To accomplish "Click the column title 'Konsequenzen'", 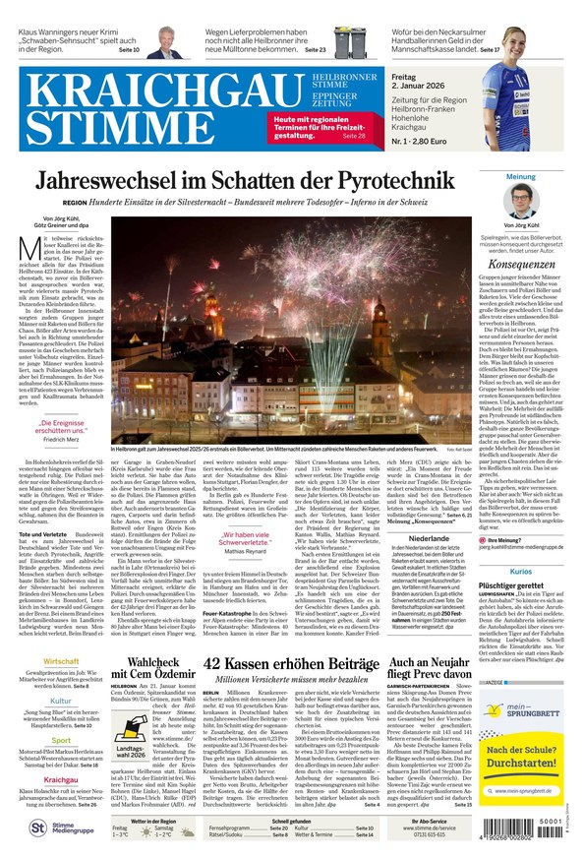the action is (521, 264).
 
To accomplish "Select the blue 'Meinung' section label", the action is (521, 177).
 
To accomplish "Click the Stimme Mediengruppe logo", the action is (56, 828).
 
